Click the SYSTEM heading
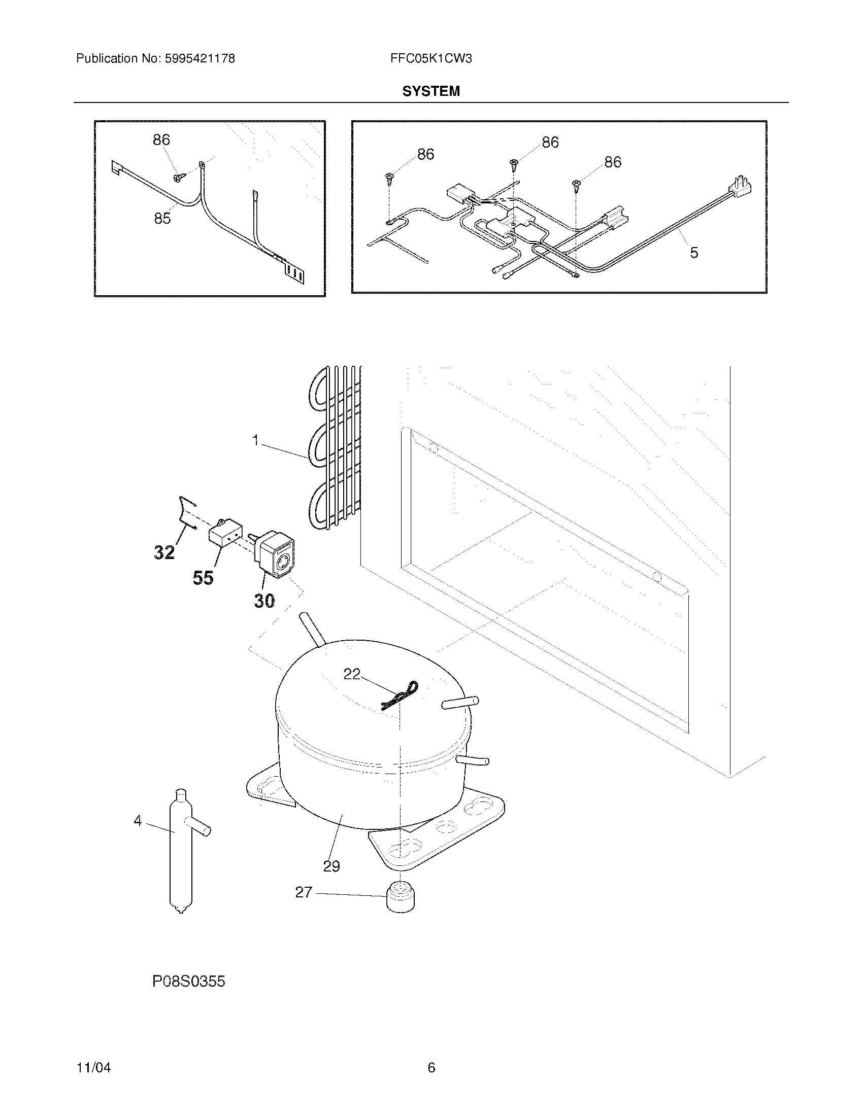coord(430,91)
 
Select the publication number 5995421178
coord(200,59)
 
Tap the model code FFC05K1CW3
coord(430,59)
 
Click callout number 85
coord(162,219)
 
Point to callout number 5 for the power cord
coord(693,253)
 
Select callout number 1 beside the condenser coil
coord(256,440)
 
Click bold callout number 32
coord(164,552)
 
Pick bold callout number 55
coord(203,578)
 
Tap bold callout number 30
coord(264,601)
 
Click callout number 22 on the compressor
coord(352,675)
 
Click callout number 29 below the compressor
coord(331,866)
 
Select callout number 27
coord(303,892)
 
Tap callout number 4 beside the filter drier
coord(138,821)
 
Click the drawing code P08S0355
coord(189,981)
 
